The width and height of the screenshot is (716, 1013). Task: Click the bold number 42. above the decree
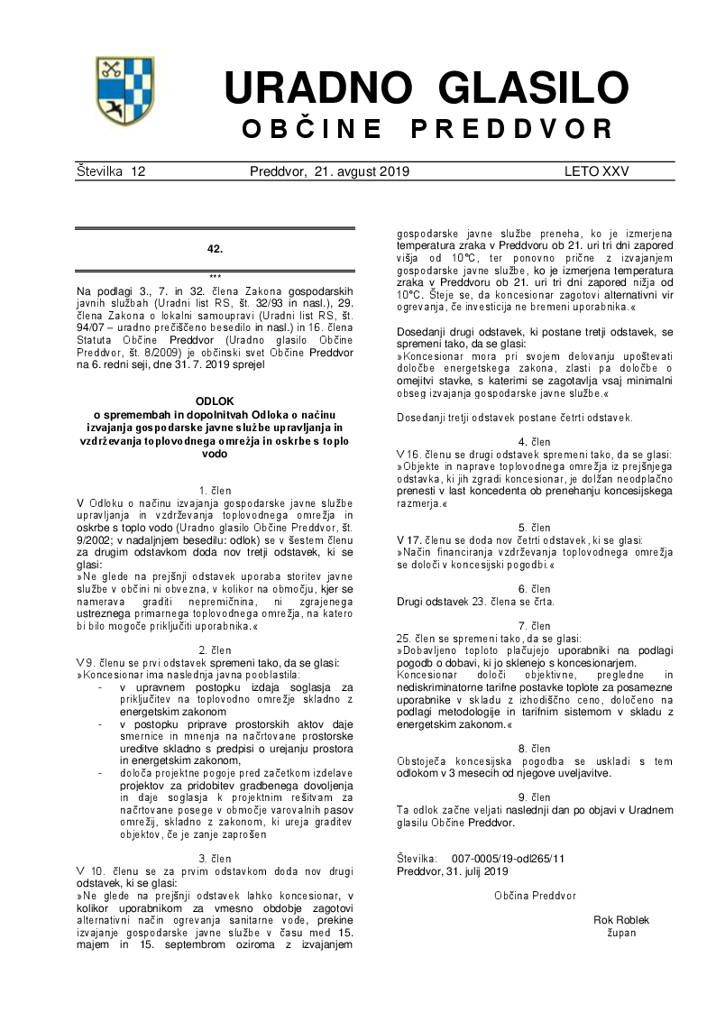pos(215,248)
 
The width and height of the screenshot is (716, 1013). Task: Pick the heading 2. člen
pos(215,649)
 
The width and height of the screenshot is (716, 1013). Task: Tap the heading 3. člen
pos(215,857)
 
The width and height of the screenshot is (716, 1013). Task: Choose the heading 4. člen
pos(535,442)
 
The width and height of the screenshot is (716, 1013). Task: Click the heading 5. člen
pos(535,527)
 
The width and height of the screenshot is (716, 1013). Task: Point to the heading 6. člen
pos(535,588)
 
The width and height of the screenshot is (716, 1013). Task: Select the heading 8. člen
pos(535,749)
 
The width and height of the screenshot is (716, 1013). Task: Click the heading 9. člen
pos(535,797)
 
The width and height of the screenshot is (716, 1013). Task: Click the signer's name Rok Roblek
pos(621,920)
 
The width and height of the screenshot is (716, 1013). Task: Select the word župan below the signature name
pos(621,933)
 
